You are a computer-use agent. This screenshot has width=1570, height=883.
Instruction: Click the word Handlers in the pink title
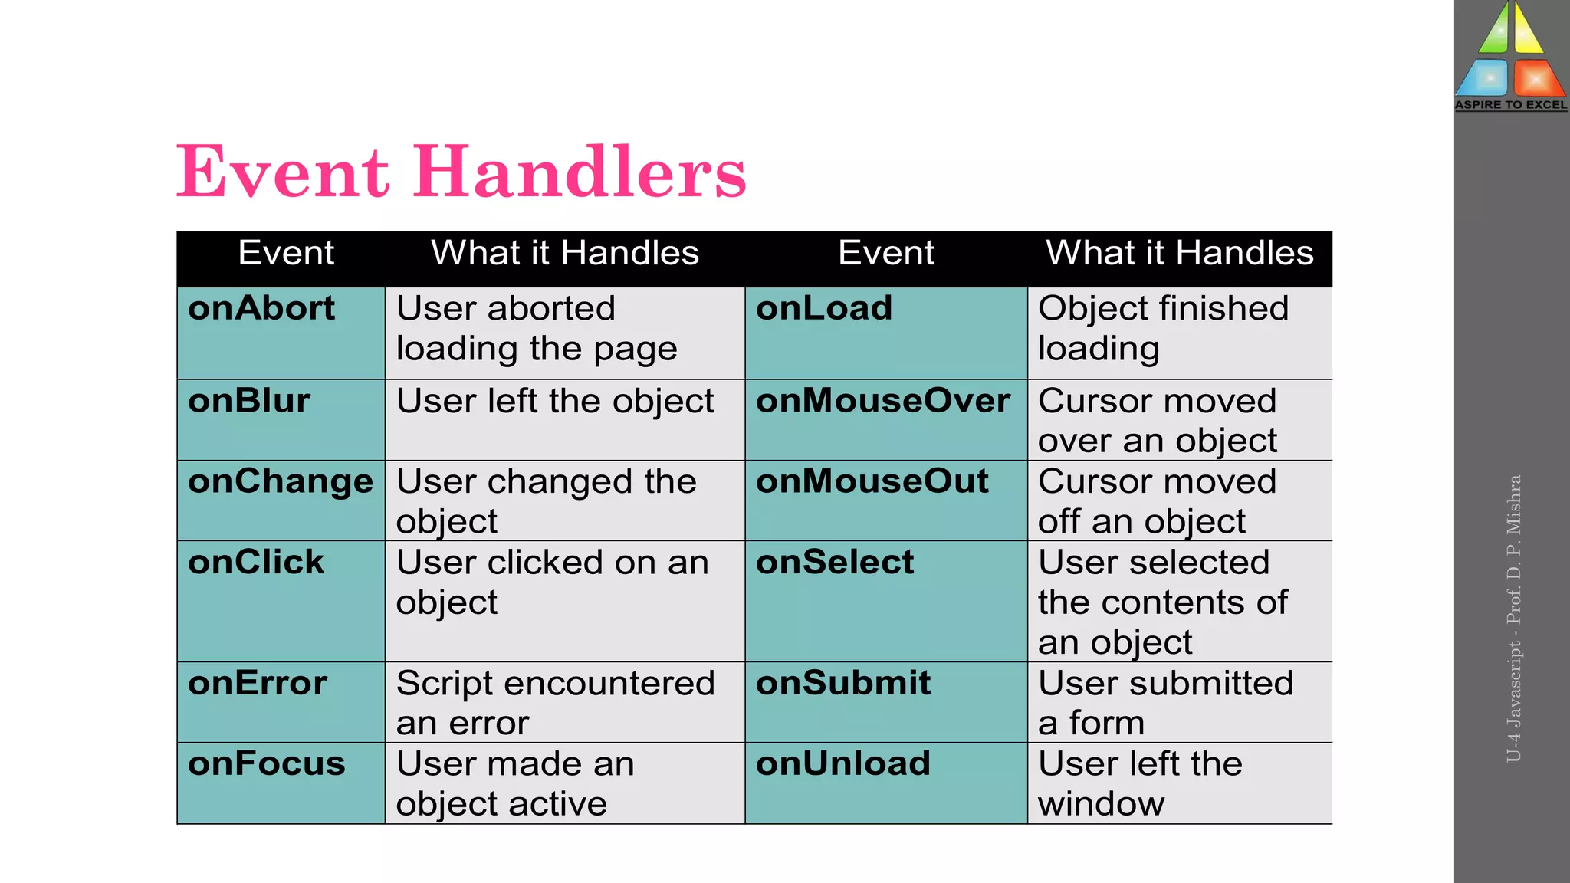pos(580,172)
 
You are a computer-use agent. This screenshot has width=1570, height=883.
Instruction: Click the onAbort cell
pos(261,309)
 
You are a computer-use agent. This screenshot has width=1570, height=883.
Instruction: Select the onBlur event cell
pos(249,402)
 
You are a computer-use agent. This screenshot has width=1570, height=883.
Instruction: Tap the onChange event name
pos(281,482)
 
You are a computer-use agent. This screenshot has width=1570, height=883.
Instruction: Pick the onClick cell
pos(256,563)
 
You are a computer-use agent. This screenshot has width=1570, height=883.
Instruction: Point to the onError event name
pos(258,683)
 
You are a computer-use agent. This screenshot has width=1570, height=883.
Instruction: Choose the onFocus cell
pos(267,764)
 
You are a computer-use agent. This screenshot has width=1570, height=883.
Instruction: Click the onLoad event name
pos(824,309)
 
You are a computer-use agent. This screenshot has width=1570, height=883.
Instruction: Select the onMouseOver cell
pos(883,402)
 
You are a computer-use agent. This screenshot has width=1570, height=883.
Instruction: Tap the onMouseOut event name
pos(872,482)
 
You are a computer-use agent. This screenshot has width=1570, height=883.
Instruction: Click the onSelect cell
pos(835,563)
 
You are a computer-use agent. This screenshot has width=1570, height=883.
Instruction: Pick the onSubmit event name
pos(843,683)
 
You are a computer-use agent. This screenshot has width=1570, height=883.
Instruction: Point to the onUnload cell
pos(843,764)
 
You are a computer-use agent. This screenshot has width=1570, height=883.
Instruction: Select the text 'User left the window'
pos(1140,783)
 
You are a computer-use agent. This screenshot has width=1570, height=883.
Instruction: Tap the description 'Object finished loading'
pos(1163,329)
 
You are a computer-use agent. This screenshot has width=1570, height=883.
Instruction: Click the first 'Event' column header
pos(286,253)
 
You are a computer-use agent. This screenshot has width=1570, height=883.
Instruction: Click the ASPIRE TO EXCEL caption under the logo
pos(1511,105)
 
